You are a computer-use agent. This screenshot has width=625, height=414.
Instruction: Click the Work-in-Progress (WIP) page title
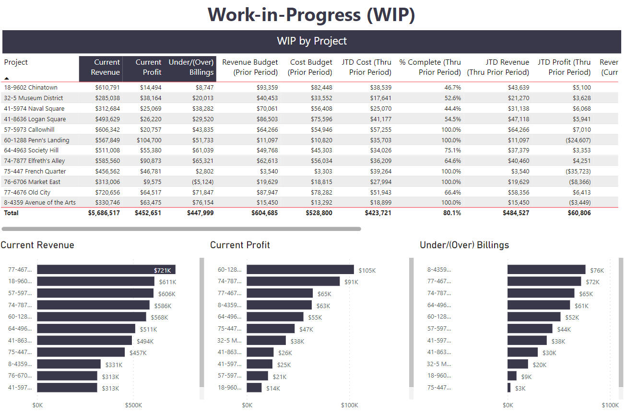(312, 15)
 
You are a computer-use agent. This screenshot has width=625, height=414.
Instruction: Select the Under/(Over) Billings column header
(191, 67)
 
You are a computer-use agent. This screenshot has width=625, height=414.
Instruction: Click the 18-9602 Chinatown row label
(31, 88)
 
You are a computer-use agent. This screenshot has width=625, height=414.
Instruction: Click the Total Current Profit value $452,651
(148, 213)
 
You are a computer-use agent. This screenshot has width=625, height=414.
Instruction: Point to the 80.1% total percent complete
(451, 213)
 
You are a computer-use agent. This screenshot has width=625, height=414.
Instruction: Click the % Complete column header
(430, 67)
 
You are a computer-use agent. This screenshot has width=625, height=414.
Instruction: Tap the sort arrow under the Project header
(7, 78)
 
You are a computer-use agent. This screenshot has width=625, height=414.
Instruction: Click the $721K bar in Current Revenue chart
(106, 270)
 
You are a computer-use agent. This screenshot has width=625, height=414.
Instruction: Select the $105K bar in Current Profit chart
(300, 270)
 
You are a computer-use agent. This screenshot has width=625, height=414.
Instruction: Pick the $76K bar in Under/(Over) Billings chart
(546, 270)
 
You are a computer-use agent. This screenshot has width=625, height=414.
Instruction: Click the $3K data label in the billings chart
(520, 388)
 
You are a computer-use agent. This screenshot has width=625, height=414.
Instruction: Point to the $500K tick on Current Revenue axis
(133, 405)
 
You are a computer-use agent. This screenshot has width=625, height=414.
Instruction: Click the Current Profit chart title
(240, 245)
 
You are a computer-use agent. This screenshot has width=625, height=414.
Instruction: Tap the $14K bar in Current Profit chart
(254, 388)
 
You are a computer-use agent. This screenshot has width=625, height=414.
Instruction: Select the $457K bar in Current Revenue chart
(81, 352)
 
